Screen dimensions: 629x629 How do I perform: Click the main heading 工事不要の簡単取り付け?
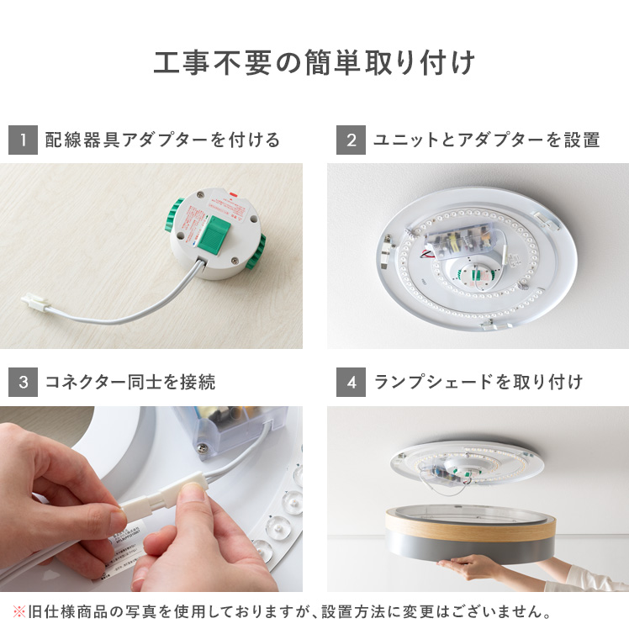(x=314, y=64)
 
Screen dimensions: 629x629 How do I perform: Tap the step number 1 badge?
(x=23, y=140)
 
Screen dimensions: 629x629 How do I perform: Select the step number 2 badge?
(x=351, y=140)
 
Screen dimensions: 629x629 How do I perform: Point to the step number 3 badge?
(x=23, y=382)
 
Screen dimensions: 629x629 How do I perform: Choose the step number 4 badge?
(x=351, y=382)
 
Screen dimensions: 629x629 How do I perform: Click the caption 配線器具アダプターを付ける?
(x=162, y=140)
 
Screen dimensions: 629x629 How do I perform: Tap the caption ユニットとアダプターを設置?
(x=486, y=140)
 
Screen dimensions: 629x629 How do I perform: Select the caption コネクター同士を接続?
(x=130, y=382)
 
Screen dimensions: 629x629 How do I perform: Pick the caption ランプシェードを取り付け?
(x=478, y=382)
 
